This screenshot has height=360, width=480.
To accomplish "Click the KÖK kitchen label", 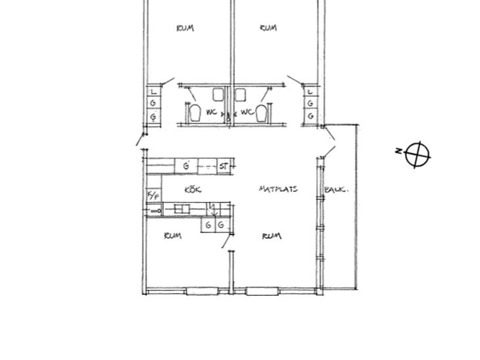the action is pyautogui.click(x=193, y=190).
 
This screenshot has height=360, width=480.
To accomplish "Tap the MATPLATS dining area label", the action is pyautogui.click(x=278, y=189).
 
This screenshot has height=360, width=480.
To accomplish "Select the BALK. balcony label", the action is pyautogui.click(x=336, y=190).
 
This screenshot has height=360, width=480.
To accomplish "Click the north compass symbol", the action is pyautogui.click(x=418, y=154).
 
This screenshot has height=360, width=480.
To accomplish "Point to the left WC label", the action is pyautogui.click(x=212, y=112).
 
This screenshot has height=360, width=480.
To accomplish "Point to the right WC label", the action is pyautogui.click(x=247, y=112).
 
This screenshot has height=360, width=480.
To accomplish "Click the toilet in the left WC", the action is pyautogui.click(x=195, y=113).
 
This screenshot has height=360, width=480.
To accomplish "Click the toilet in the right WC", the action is pyautogui.click(x=261, y=113).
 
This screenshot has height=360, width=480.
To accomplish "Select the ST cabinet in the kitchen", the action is pyautogui.click(x=224, y=166).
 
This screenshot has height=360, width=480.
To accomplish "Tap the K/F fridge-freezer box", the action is pyautogui.click(x=154, y=195).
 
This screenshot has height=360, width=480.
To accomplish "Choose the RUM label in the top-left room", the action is pyautogui.click(x=185, y=28).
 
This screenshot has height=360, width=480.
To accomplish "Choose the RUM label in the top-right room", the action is pyautogui.click(x=268, y=28).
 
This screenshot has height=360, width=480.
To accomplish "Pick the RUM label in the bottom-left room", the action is pyautogui.click(x=173, y=236).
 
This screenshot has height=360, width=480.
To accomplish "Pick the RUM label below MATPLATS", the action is pyautogui.click(x=272, y=236).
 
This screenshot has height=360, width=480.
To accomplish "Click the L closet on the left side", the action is pyautogui.click(x=154, y=91).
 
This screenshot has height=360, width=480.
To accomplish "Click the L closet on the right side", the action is pyautogui.click(x=310, y=91).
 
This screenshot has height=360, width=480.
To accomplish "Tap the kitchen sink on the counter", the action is pyautogui.click(x=182, y=209).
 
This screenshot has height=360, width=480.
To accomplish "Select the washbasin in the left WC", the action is pyautogui.click(x=218, y=95).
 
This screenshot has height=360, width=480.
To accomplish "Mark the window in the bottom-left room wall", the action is pyautogui.click(x=202, y=291).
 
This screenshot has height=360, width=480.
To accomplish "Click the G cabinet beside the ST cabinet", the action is pyautogui.click(x=186, y=166).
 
